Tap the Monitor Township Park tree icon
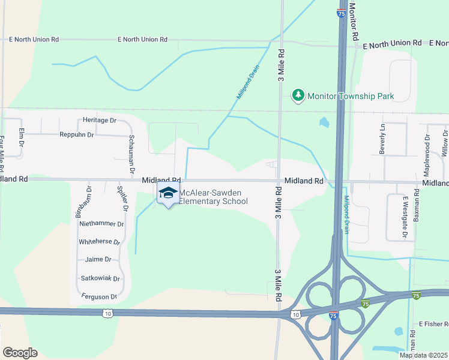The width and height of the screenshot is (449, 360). (298, 95)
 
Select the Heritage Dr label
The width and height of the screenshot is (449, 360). (100, 120)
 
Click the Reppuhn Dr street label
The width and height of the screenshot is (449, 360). (77, 135)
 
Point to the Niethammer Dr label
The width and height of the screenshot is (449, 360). (101, 224)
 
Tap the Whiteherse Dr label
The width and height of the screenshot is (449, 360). (100, 242)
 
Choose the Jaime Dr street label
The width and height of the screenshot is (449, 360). (98, 259)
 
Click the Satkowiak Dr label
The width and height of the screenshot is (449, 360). (100, 278)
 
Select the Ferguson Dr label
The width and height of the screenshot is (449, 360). (98, 296)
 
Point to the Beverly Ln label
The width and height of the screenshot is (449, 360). (382, 139)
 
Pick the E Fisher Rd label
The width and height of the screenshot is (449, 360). (433, 324)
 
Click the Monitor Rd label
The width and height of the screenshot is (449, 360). (354, 22)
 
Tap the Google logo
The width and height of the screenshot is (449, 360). (20, 353)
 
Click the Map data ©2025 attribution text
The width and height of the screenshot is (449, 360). (424, 355)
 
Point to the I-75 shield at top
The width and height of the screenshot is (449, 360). (341, 13)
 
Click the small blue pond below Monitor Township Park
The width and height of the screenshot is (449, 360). (324, 123)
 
